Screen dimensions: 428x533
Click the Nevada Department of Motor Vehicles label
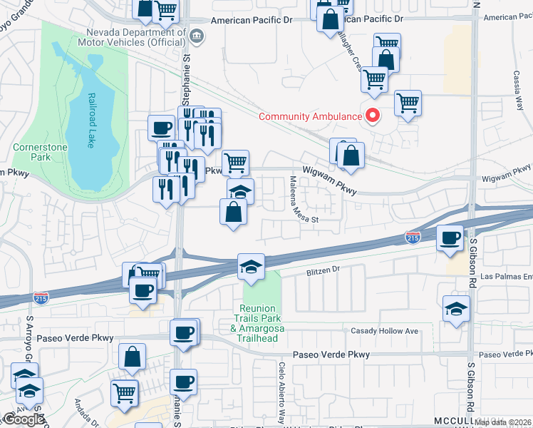click(x=134, y=37)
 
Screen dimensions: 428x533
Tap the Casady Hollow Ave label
click(x=384, y=331)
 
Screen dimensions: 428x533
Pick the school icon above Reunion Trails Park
click(x=251, y=267)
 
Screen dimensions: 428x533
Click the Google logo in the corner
click(x=23, y=419)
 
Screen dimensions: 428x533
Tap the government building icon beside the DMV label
click(x=196, y=35)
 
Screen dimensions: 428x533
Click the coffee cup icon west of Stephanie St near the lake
click(x=161, y=128)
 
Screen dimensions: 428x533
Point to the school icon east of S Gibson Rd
click(x=455, y=309)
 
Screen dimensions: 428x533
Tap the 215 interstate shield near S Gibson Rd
click(x=412, y=236)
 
